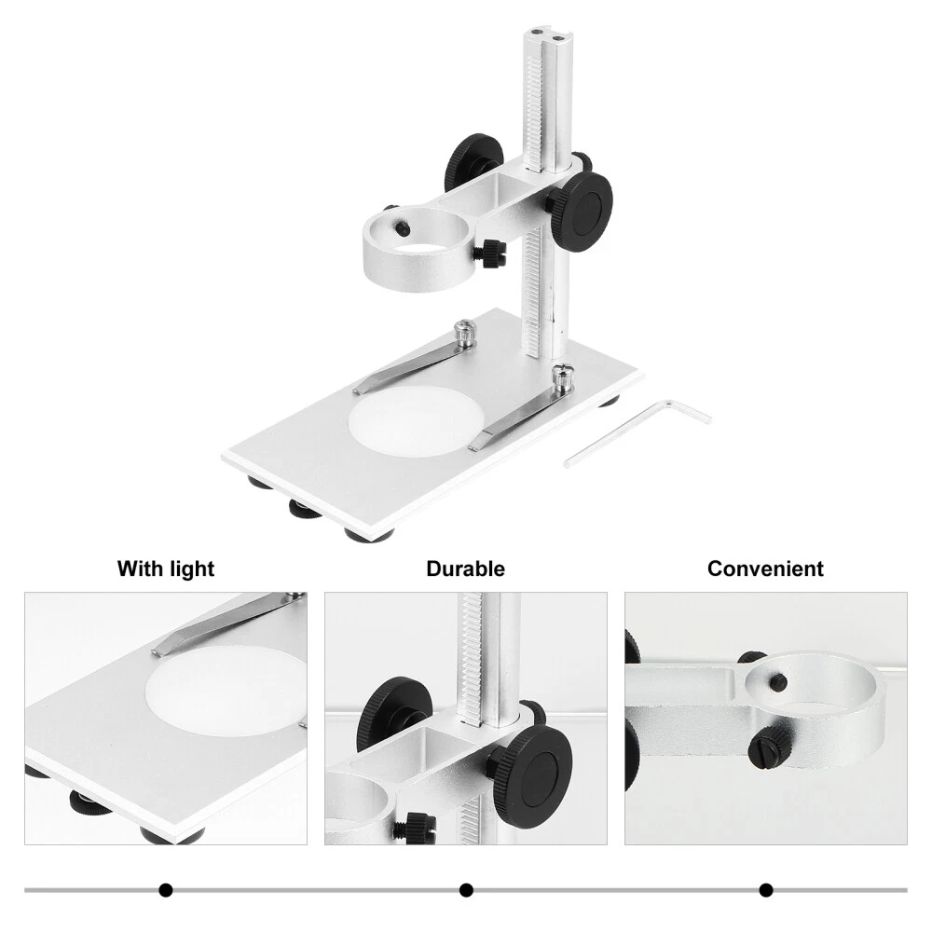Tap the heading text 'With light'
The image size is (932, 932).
coord(166,569)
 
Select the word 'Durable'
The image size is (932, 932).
coord(465,569)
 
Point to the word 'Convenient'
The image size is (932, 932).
coord(765,569)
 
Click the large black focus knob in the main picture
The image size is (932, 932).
coord(581,206)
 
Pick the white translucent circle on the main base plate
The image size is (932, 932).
coord(416,421)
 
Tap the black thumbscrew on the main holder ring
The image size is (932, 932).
coord(489,254)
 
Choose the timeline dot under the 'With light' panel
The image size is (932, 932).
coord(166,890)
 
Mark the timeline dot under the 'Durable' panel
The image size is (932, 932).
coord(466,890)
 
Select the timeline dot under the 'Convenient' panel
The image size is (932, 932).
coord(766,890)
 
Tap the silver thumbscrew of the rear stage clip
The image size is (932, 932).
coord(465,333)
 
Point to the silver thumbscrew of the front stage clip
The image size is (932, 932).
coord(563,377)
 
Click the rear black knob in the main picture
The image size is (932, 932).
coord(473,159)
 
